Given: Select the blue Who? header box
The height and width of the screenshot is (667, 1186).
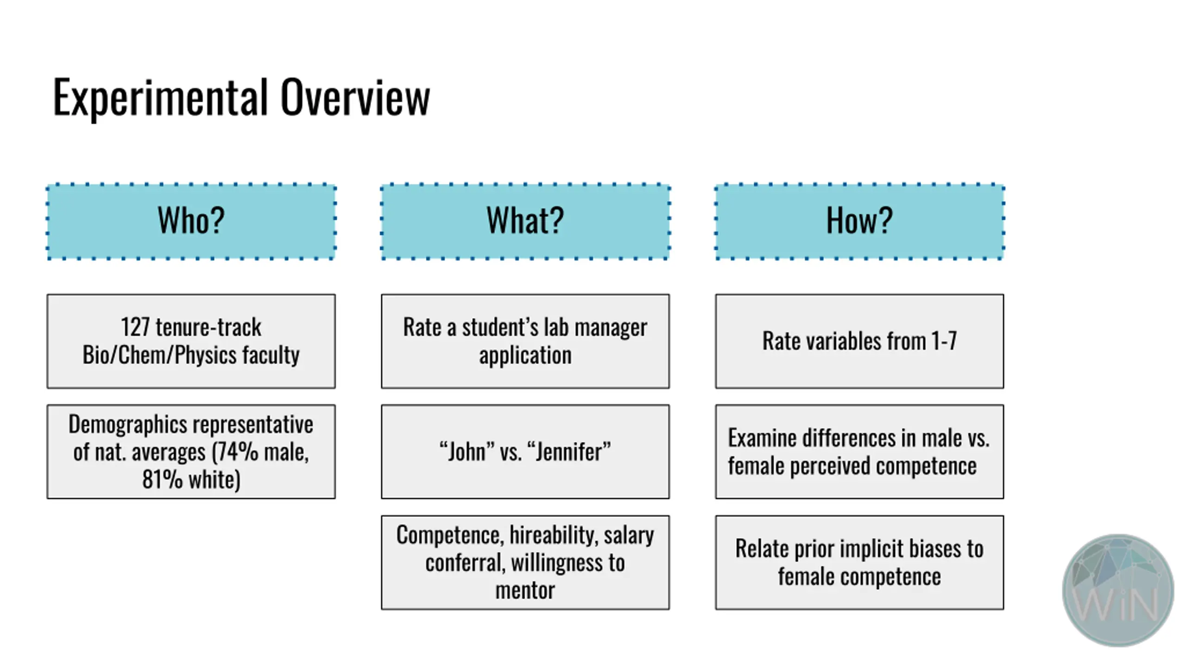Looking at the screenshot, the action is [191, 221].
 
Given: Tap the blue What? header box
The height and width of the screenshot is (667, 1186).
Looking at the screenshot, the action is [525, 221].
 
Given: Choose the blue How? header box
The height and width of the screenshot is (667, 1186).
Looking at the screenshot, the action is [859, 221].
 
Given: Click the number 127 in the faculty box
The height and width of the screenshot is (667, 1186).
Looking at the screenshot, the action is [135, 327].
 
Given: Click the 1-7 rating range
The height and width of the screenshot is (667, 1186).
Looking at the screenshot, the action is [944, 341].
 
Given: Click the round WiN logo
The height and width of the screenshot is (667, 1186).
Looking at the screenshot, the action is [1118, 591].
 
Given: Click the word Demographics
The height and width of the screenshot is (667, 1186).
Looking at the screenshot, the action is [125, 425].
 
